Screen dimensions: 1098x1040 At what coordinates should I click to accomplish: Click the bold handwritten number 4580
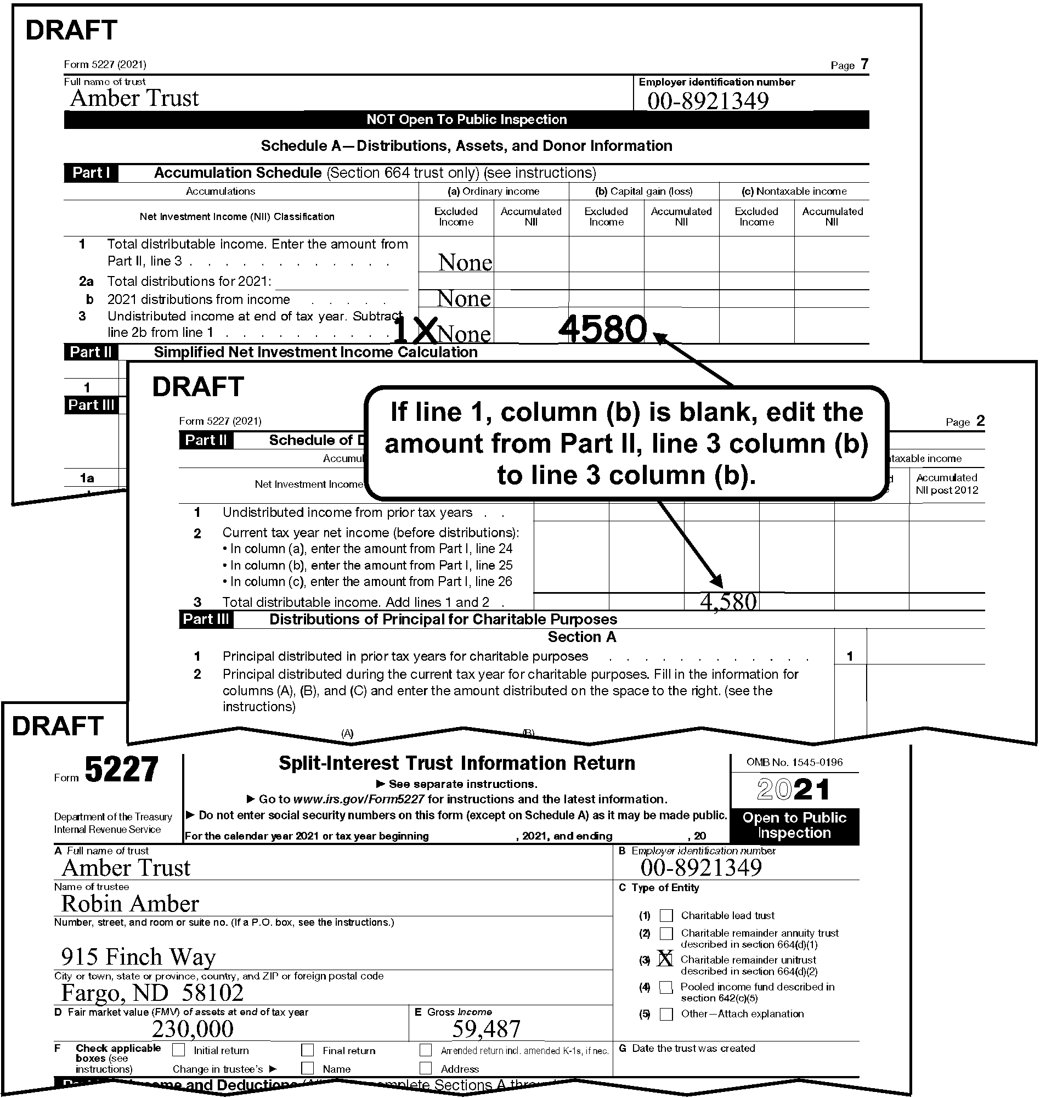[x=603, y=329]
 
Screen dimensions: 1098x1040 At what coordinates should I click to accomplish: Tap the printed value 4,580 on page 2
[x=728, y=602]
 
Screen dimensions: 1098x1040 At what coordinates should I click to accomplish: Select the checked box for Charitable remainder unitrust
[x=665, y=959]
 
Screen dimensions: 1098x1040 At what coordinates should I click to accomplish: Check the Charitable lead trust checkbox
[x=666, y=916]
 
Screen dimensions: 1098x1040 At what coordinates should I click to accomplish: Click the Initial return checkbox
[x=178, y=1050]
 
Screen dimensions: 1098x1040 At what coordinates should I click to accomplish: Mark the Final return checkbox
[x=308, y=1050]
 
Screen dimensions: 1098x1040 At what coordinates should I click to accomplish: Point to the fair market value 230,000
[x=193, y=1029]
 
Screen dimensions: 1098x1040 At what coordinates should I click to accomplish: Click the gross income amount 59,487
[x=486, y=1029]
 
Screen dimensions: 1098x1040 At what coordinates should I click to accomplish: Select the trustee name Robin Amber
[x=129, y=904]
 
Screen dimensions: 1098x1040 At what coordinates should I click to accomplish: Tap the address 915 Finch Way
[x=138, y=956]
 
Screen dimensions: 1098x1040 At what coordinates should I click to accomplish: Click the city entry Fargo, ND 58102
[x=152, y=993]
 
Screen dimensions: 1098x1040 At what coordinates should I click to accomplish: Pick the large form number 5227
[x=121, y=770]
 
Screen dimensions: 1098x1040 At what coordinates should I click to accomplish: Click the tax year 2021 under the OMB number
[x=794, y=790]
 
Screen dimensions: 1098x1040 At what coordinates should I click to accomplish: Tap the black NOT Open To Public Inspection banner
[x=466, y=120]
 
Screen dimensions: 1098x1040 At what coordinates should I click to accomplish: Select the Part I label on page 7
[x=91, y=173]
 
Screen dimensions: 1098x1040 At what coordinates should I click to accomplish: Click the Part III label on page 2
[x=206, y=620]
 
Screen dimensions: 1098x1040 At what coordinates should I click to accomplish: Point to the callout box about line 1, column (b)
[x=626, y=443]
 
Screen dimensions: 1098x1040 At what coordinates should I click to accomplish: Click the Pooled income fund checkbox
[x=666, y=987]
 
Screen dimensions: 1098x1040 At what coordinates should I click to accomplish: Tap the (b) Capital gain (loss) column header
[x=643, y=192]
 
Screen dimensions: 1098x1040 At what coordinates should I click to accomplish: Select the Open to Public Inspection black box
[x=794, y=826]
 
